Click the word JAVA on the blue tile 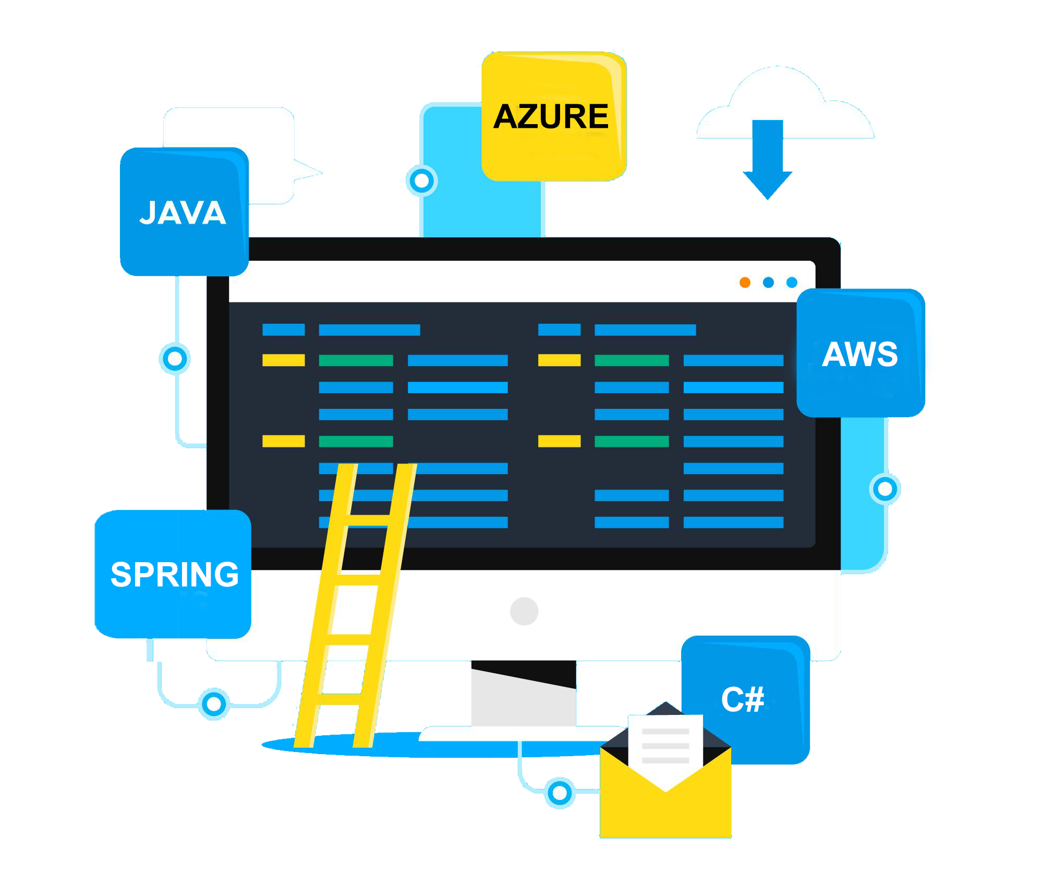pyautogui.click(x=183, y=213)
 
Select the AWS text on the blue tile pyautogui.click(x=860, y=354)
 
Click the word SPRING pyautogui.click(x=175, y=574)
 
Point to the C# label pyautogui.click(x=743, y=699)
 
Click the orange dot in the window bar pyautogui.click(x=745, y=282)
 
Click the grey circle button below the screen pyautogui.click(x=524, y=611)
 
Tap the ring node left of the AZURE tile pyautogui.click(x=421, y=181)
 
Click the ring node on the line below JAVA pyautogui.click(x=175, y=359)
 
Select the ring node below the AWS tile pyautogui.click(x=885, y=489)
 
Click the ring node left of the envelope pyautogui.click(x=560, y=793)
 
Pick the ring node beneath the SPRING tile pyautogui.click(x=214, y=704)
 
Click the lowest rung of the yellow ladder pyautogui.click(x=339, y=699)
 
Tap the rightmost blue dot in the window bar pyautogui.click(x=792, y=282)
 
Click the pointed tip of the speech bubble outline pyautogui.click(x=322, y=172)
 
